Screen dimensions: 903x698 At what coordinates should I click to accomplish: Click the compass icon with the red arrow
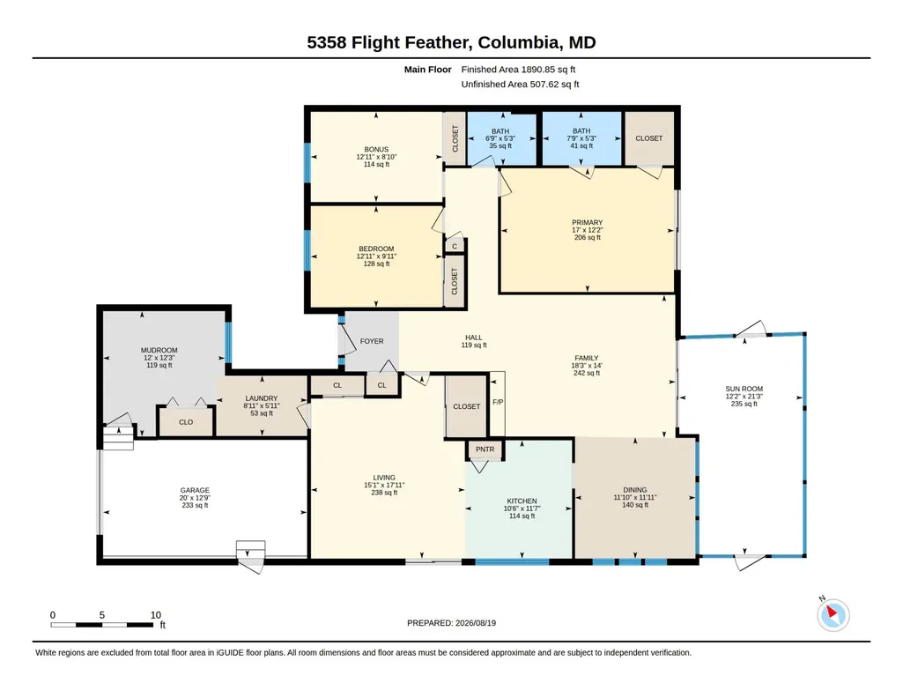pyautogui.click(x=833, y=614)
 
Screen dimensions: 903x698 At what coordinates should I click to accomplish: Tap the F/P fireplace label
pyautogui.click(x=498, y=401)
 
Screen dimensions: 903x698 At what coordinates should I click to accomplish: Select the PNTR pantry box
pyautogui.click(x=485, y=449)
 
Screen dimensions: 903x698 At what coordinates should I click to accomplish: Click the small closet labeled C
pyautogui.click(x=455, y=246)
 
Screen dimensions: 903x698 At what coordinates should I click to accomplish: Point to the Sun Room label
pyautogui.click(x=744, y=389)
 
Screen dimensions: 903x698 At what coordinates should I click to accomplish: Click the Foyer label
pyautogui.click(x=372, y=341)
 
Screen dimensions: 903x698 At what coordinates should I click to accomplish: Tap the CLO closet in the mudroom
pyautogui.click(x=185, y=422)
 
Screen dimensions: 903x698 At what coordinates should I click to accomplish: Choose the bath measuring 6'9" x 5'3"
pyautogui.click(x=500, y=138)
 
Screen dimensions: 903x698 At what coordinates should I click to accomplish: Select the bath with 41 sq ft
pyautogui.click(x=581, y=138)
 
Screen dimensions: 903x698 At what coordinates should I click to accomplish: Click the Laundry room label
pyautogui.click(x=262, y=398)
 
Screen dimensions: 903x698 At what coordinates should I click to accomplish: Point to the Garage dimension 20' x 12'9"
pyautogui.click(x=195, y=498)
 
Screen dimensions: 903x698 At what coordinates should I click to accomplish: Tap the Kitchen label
pyautogui.click(x=522, y=501)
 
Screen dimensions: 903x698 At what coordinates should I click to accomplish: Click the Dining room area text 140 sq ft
pyautogui.click(x=635, y=505)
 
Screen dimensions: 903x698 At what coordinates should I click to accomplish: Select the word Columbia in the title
pyautogui.click(x=518, y=42)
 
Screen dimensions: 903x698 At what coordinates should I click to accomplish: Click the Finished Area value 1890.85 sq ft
pyautogui.click(x=548, y=70)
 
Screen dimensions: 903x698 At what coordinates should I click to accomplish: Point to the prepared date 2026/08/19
pyautogui.click(x=476, y=623)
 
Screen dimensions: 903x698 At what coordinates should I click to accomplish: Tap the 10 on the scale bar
pyautogui.click(x=155, y=615)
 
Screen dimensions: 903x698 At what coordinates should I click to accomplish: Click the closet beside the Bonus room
pyautogui.click(x=455, y=138)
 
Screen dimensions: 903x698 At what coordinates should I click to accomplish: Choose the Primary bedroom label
pyautogui.click(x=588, y=222)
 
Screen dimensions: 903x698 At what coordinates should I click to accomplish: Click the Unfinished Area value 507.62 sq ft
pyautogui.click(x=555, y=84)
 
